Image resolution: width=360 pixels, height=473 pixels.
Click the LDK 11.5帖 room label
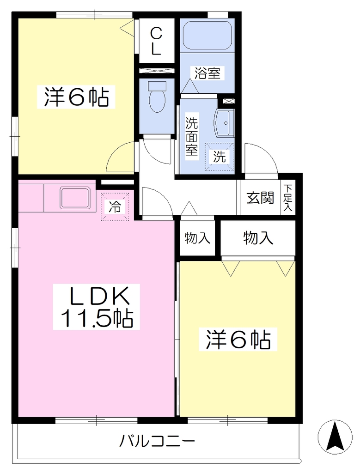coord(97,307)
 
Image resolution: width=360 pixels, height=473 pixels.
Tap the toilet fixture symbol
coord(157,96)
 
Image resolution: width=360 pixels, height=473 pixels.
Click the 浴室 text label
coord(207,73)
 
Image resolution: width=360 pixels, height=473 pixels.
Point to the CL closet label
coord(156,41)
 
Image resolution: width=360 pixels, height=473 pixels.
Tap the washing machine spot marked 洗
coord(220,156)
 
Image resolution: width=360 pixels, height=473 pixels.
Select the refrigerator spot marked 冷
coord(115,206)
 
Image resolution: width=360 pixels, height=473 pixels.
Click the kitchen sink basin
coord(75,197)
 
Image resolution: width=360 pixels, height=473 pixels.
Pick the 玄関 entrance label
coord(260,198)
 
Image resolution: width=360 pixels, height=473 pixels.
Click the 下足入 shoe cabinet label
coord(287,197)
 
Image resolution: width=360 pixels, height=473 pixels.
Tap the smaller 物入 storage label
coord(197,238)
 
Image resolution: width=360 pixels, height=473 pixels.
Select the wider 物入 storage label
coord(258,238)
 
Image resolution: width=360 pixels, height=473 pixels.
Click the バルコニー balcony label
coord(157,442)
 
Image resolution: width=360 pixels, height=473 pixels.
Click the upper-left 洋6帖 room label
coord(76,97)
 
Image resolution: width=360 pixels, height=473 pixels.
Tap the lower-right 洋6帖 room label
coord(238,339)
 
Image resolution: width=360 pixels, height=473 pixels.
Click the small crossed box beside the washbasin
coord(228,101)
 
